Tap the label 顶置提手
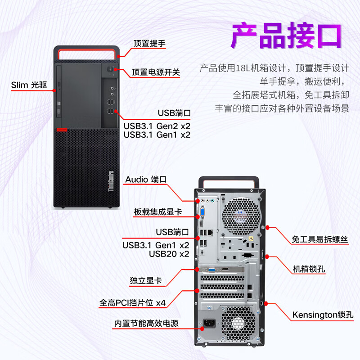(150, 44)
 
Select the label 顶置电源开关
(156, 72)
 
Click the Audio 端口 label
(146, 179)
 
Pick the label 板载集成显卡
(157, 211)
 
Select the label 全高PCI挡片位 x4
(133, 303)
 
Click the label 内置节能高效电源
(146, 323)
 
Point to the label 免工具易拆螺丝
(320, 239)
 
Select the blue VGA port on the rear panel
(203, 213)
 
